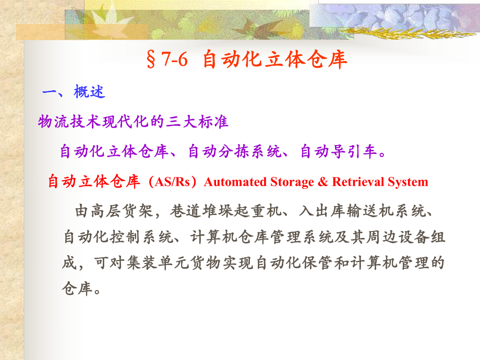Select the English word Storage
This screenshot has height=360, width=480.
(x=293, y=182)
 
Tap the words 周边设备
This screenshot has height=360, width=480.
(x=391, y=238)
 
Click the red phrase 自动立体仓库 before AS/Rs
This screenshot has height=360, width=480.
(x=94, y=182)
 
